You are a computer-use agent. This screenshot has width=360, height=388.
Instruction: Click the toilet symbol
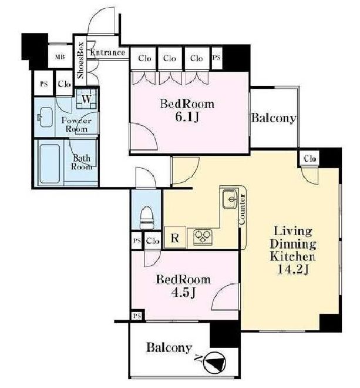[147, 218]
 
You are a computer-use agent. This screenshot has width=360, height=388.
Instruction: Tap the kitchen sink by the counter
[231, 199]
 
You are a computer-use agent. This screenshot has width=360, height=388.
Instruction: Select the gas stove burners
[203, 236]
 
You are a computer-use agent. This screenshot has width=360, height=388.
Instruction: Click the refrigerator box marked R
[175, 238]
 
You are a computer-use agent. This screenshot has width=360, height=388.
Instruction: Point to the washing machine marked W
[86, 99]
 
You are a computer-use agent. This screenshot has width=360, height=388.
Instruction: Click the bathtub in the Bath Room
[49, 163]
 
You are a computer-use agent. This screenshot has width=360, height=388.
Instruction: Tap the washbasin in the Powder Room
[45, 117]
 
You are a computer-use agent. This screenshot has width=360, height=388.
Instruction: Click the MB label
[60, 57]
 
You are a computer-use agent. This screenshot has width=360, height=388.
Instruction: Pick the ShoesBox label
[81, 61]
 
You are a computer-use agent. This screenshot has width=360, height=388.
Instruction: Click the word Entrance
[107, 52]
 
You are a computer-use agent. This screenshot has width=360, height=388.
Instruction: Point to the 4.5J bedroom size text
[184, 293]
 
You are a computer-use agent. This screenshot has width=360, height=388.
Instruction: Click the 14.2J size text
[293, 269]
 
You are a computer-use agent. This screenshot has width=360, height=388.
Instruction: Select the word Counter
[242, 209]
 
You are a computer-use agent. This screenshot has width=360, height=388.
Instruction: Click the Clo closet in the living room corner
[310, 158]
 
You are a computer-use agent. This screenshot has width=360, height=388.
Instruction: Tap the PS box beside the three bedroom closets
[217, 58]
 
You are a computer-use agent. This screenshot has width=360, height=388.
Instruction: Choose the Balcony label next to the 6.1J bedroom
[274, 118]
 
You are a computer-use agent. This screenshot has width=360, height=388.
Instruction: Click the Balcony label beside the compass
[169, 347]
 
